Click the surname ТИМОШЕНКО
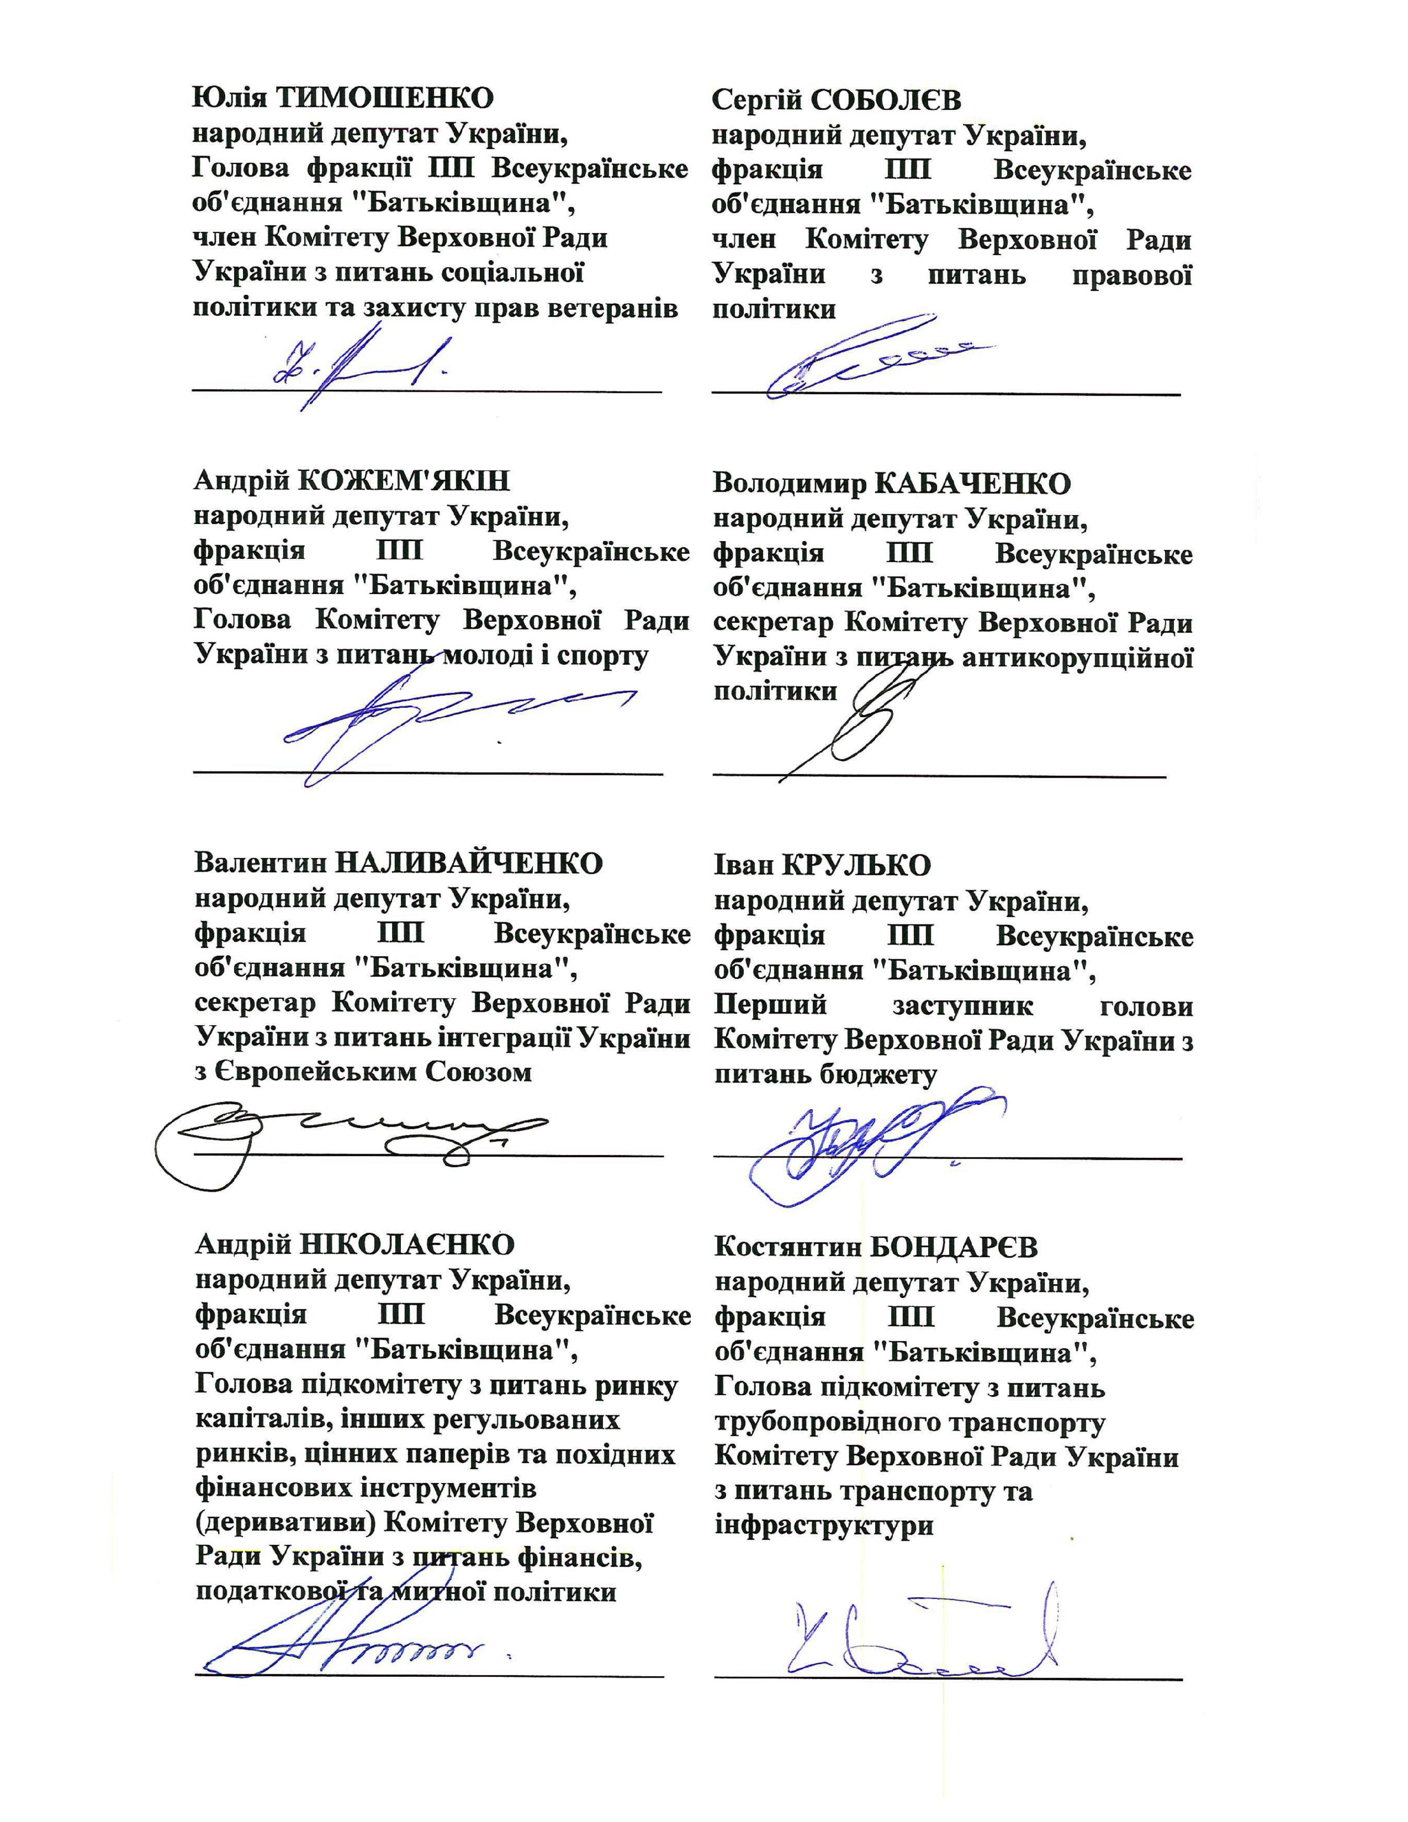[x=384, y=98]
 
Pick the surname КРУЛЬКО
[x=856, y=865]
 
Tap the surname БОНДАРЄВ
[x=954, y=1247]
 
